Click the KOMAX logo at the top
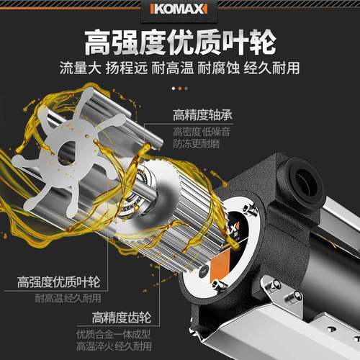(x=180, y=9)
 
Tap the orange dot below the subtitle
(x=174, y=89)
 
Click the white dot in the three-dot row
(x=180, y=89)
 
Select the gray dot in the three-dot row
(x=186, y=89)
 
